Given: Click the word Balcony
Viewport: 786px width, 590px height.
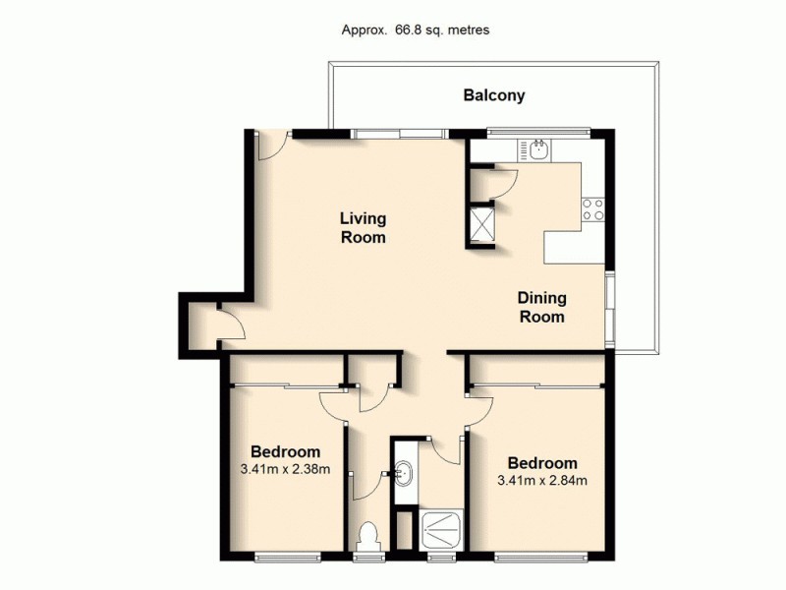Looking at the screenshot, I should [494, 95].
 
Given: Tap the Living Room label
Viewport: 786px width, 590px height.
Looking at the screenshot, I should [363, 227].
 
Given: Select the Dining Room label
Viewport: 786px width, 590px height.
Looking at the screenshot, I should [541, 308].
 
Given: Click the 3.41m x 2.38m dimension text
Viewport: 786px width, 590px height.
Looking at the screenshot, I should [284, 469].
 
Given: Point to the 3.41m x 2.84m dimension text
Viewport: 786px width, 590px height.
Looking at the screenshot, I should [542, 481].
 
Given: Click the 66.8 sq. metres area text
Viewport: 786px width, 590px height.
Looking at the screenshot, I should [414, 29].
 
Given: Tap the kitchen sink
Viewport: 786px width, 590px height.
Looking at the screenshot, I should [538, 149].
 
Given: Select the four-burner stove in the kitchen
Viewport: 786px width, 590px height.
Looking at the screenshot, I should [593, 208].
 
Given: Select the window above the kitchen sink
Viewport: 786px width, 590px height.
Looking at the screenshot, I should [537, 131].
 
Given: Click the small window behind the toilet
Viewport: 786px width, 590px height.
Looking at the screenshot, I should [368, 558].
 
